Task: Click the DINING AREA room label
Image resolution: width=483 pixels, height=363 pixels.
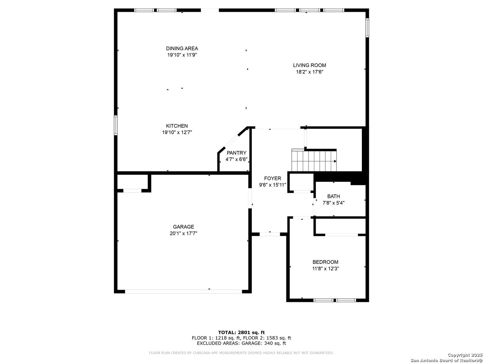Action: click(182, 48)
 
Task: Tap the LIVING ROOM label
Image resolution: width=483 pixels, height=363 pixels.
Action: click(309, 65)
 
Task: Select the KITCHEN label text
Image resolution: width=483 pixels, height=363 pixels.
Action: click(177, 126)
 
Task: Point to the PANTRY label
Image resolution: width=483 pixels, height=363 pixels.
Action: click(236, 153)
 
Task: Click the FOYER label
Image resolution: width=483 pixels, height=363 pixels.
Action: click(272, 178)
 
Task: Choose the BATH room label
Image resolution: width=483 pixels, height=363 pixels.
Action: click(333, 196)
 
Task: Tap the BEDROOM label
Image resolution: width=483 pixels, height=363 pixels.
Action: click(325, 262)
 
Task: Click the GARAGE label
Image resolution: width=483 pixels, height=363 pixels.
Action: click(183, 227)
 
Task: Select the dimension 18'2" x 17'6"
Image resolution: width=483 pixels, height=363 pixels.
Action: click(309, 72)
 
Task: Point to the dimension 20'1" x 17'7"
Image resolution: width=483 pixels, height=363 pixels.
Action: click(183, 233)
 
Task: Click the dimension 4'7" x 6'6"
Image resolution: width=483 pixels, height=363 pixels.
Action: click(236, 159)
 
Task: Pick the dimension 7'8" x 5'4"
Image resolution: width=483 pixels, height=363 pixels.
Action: click(333, 203)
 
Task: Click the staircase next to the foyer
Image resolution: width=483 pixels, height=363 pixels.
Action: click(314, 160)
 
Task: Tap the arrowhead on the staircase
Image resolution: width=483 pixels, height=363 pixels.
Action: click(335, 161)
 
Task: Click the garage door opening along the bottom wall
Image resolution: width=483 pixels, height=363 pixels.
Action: click(183, 291)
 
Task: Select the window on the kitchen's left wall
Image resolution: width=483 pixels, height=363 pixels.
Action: click(115, 125)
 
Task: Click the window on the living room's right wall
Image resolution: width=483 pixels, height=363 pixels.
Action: click(367, 28)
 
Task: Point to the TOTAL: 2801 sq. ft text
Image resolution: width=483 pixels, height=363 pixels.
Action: click(241, 332)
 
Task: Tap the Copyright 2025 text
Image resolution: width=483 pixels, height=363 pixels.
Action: click(465, 355)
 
